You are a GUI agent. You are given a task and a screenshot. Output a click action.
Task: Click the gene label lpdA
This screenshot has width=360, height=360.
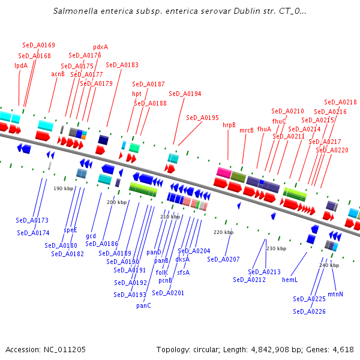click(21, 65)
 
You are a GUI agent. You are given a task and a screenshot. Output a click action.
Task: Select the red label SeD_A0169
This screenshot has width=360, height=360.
click(39, 45)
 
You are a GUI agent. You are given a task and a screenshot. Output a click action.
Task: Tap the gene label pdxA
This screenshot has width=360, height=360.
click(100, 47)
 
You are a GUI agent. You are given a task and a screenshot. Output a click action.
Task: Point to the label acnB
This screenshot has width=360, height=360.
click(58, 74)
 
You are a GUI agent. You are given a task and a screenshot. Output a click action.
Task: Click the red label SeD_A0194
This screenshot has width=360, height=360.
click(185, 94)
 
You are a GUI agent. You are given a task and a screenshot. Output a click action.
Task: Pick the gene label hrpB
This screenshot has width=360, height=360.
click(229, 125)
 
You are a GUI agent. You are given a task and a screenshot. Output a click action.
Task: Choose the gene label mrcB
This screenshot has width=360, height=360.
click(247, 130)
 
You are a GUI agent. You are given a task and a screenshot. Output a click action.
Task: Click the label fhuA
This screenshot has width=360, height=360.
click(264, 129)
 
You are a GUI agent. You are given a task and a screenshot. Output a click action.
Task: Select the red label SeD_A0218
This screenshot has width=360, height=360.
click(340, 103)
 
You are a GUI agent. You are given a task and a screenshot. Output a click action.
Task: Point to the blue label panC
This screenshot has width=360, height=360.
click(143, 305)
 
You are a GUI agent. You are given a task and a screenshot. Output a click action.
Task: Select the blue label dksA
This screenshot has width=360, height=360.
click(182, 259)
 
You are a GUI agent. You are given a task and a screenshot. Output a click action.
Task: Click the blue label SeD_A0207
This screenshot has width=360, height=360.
click(223, 259)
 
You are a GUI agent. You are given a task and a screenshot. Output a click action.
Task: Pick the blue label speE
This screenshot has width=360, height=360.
click(71, 230)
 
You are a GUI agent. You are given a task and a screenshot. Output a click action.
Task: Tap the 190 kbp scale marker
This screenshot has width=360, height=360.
click(63, 188)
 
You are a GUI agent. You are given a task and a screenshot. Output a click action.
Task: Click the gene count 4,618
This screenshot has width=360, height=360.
click(342, 349)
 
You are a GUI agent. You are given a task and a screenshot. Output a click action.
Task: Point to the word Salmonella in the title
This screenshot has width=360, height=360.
click(73, 11)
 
